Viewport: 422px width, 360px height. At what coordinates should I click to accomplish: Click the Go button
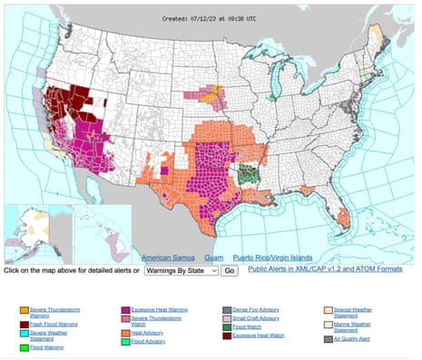point(230,271)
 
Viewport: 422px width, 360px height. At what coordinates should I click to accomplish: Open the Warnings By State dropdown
point(181,271)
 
